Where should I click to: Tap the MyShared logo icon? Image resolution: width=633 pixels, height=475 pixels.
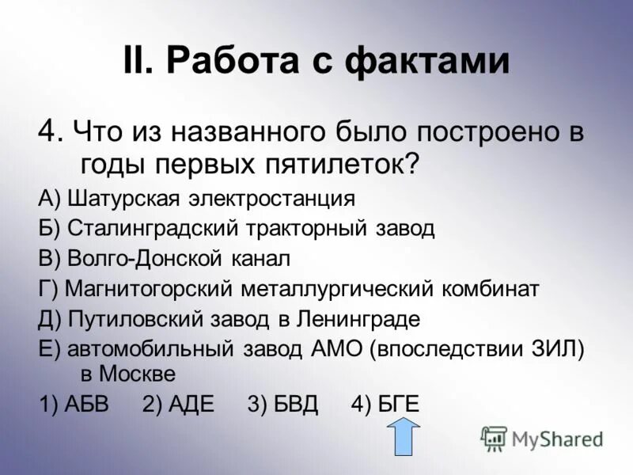click(494, 438)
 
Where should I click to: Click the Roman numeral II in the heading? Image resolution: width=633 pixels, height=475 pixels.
click(139, 62)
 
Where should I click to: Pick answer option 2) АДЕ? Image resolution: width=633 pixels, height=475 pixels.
click(179, 404)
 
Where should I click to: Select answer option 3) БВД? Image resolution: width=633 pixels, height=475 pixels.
click(282, 404)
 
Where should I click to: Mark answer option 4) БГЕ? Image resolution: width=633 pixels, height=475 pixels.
click(385, 404)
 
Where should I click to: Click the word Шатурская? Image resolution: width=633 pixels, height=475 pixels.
click(121, 197)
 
